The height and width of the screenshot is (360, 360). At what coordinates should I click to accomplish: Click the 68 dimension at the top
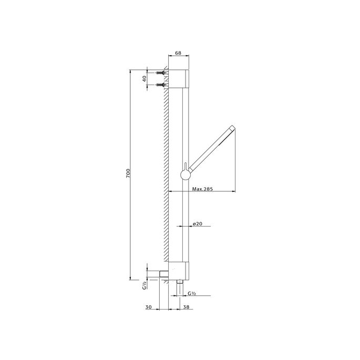pos(178,53)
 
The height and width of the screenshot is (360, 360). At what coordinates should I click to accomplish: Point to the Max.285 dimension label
pos(202,189)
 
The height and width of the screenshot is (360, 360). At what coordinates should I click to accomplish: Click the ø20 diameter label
pos(198,224)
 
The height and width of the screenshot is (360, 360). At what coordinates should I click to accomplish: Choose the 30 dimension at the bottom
pos(149,307)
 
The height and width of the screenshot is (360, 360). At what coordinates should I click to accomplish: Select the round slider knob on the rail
pos(185,174)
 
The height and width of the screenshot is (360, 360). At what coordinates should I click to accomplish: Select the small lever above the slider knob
pos(185,164)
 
